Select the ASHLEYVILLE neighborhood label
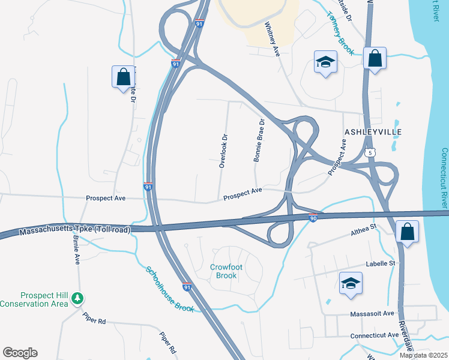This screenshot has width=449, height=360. coord(372,131)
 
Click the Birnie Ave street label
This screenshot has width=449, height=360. coord(77,252)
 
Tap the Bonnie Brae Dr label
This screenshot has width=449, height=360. coord(260,141)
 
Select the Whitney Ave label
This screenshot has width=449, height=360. coord(273,40)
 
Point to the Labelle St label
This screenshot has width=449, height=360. coord(382,263)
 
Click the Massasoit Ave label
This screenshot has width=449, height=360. coord(372,313)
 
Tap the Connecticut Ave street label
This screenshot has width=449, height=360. coord(376,334)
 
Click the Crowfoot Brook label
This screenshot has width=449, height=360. coord(223,271)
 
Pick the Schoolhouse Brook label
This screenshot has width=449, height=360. coord(170,288)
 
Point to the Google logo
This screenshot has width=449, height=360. coord(20,353)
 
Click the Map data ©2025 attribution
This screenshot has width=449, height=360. coord(424,355)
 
